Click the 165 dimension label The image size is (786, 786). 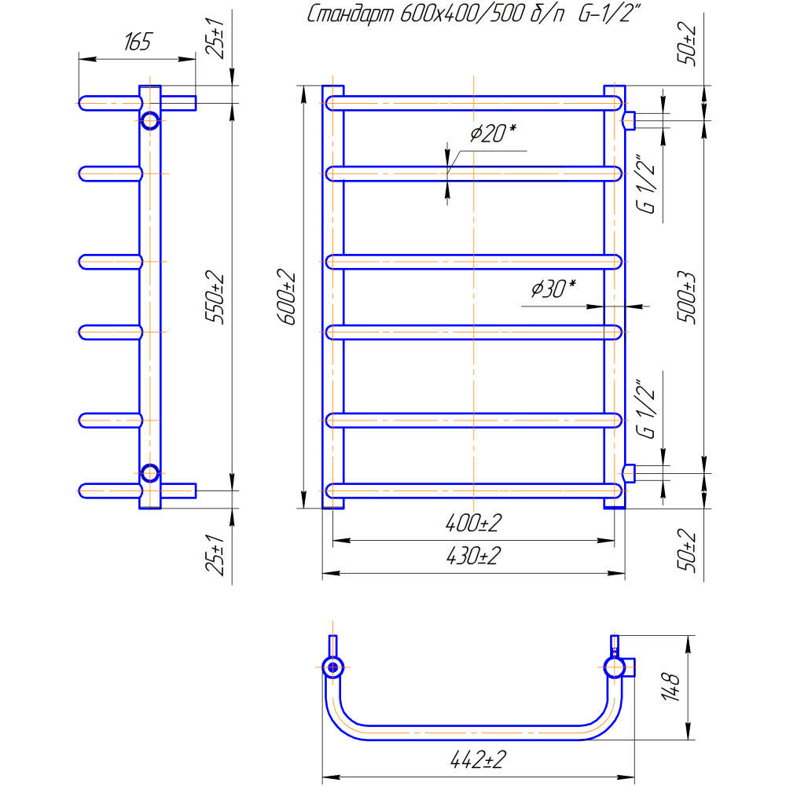[138, 42]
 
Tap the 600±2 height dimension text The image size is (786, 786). [286, 297]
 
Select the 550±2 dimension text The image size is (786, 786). [215, 297]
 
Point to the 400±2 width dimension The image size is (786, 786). [473, 523]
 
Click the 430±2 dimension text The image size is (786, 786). [473, 556]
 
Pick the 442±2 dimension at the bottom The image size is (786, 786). [478, 760]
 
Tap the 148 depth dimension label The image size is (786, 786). [670, 687]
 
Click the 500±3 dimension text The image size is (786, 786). [687, 297]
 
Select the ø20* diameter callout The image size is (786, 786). [494, 134]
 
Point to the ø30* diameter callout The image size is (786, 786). [553, 288]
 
